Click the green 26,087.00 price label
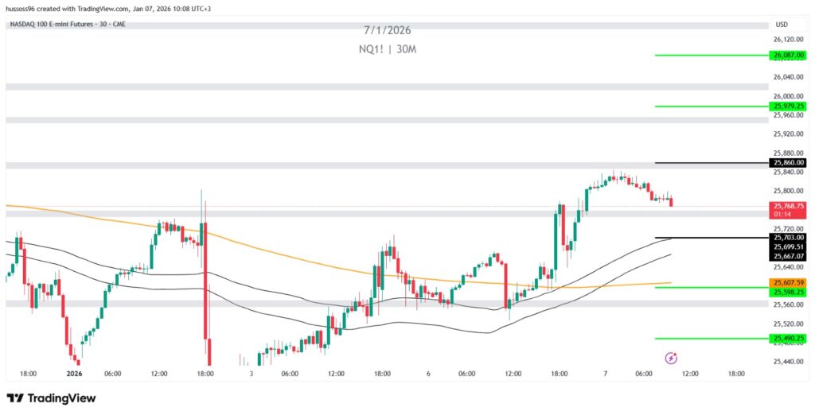[788, 55]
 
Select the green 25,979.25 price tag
[788, 107]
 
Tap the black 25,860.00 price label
[788, 163]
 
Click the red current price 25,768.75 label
[788, 206]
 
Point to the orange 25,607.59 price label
[788, 283]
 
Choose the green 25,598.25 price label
[788, 293]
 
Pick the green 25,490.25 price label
[788, 339]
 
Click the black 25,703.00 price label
[788, 237]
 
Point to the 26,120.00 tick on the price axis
[788, 39]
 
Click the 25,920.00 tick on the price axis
[788, 134]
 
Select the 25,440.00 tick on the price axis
[788, 362]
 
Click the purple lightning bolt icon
[670, 359]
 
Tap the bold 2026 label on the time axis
[74, 374]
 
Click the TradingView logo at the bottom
[52, 398]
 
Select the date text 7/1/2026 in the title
[388, 31]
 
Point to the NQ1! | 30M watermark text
[388, 49]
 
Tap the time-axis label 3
[251, 374]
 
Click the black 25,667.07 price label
[788, 256]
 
